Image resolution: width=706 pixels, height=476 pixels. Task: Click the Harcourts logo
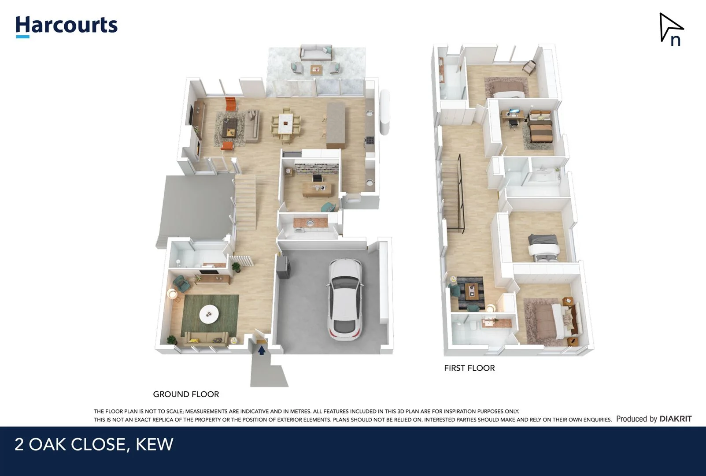coord(67,26)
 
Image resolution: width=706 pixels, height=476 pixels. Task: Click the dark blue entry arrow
coord(262,350)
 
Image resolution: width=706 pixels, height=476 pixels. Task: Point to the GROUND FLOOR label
coord(186,394)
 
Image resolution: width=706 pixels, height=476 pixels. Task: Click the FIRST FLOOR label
coord(469,368)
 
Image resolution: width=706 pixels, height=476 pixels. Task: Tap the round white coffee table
coord(209,314)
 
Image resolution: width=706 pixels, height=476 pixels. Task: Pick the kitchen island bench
coord(336,125)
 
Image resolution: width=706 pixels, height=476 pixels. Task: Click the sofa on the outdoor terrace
coord(316,53)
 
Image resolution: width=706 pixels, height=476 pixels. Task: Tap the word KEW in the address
coord(154,444)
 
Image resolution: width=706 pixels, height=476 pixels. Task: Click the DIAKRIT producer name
coord(675,419)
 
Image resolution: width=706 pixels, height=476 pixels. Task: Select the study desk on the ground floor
coord(317,189)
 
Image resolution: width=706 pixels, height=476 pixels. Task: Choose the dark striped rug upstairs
coord(470,292)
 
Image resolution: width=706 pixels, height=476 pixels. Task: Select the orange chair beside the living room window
coord(231,104)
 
